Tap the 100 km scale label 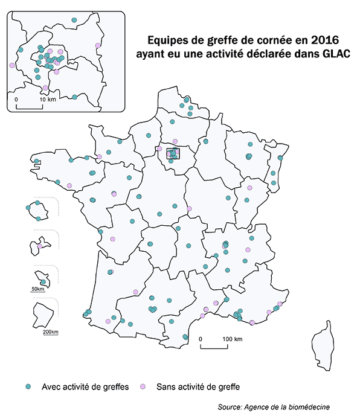click(233, 339)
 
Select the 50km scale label click(37, 289)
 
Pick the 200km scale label click(51, 331)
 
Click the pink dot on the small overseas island click(40, 246)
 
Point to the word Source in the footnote click(230, 408)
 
